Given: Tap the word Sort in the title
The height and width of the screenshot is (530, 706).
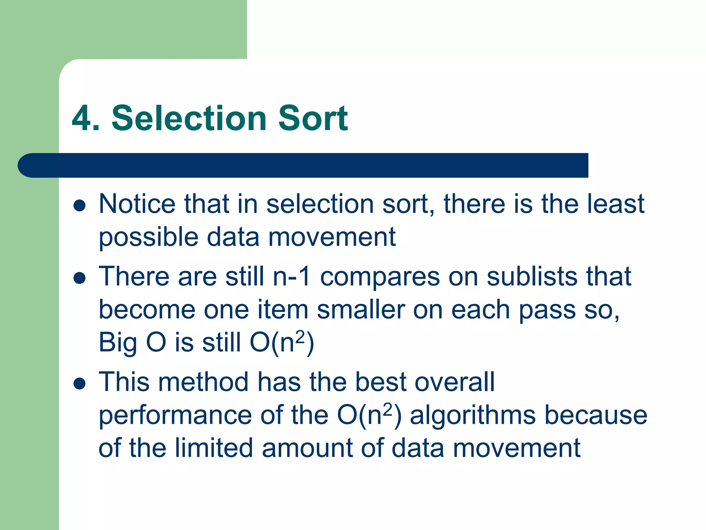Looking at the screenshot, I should point(313,118).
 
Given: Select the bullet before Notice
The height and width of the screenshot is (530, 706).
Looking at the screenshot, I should point(80,206).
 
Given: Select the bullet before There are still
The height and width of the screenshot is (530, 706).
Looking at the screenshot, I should point(80,278).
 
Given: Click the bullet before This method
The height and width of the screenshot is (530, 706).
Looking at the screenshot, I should point(80,384).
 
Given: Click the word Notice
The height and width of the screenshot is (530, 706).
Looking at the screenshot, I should point(137,204).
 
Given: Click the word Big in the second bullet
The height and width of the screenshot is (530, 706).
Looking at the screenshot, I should point(118,343).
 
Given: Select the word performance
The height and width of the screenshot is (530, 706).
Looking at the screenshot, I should point(175,415).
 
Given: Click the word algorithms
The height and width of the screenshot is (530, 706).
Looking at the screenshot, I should point(473,415).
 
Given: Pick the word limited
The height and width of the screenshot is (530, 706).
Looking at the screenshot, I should point(214,448).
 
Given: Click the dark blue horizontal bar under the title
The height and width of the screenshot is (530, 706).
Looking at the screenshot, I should point(303,165).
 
